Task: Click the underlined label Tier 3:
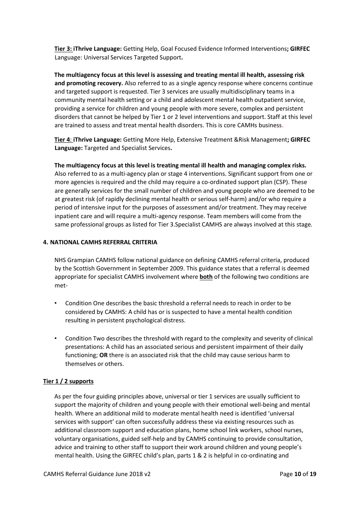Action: tap(63, 49)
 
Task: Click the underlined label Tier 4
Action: tap(63, 140)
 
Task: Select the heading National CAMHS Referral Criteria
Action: tap(103, 242)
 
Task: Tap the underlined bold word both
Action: tap(206, 277)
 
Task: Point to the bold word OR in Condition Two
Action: tap(103, 355)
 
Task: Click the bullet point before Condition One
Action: tap(56, 303)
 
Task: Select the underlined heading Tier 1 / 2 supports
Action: tap(68, 381)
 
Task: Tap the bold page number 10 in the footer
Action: tap(297, 474)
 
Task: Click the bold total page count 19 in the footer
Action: tap(313, 474)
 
